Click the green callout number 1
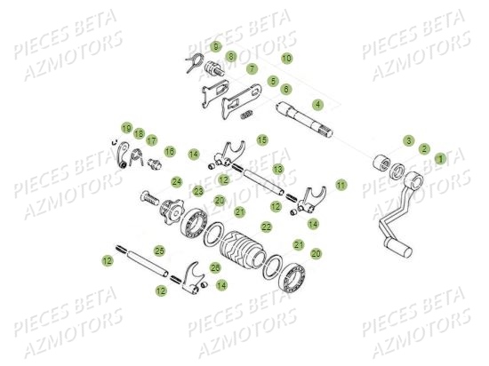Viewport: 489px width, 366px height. coord(440,158)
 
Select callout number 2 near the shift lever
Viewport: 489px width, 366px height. coord(424,149)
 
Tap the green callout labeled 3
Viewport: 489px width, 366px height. coord(408,140)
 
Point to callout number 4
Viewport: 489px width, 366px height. coord(317,104)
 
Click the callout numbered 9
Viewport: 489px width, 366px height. coord(216,45)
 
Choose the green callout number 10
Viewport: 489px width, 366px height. coord(286,58)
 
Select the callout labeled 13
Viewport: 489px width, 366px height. coord(278,167)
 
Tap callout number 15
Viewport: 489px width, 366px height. coord(262,139)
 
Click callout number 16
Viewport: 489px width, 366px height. coord(170,152)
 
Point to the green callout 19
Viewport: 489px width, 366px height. coord(126,128)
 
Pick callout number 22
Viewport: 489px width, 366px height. coord(267,227)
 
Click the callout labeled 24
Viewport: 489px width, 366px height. coord(177,181)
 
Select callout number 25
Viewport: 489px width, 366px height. coord(159,251)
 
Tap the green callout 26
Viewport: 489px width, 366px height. coord(215,267)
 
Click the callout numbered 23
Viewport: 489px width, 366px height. coord(197,191)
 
